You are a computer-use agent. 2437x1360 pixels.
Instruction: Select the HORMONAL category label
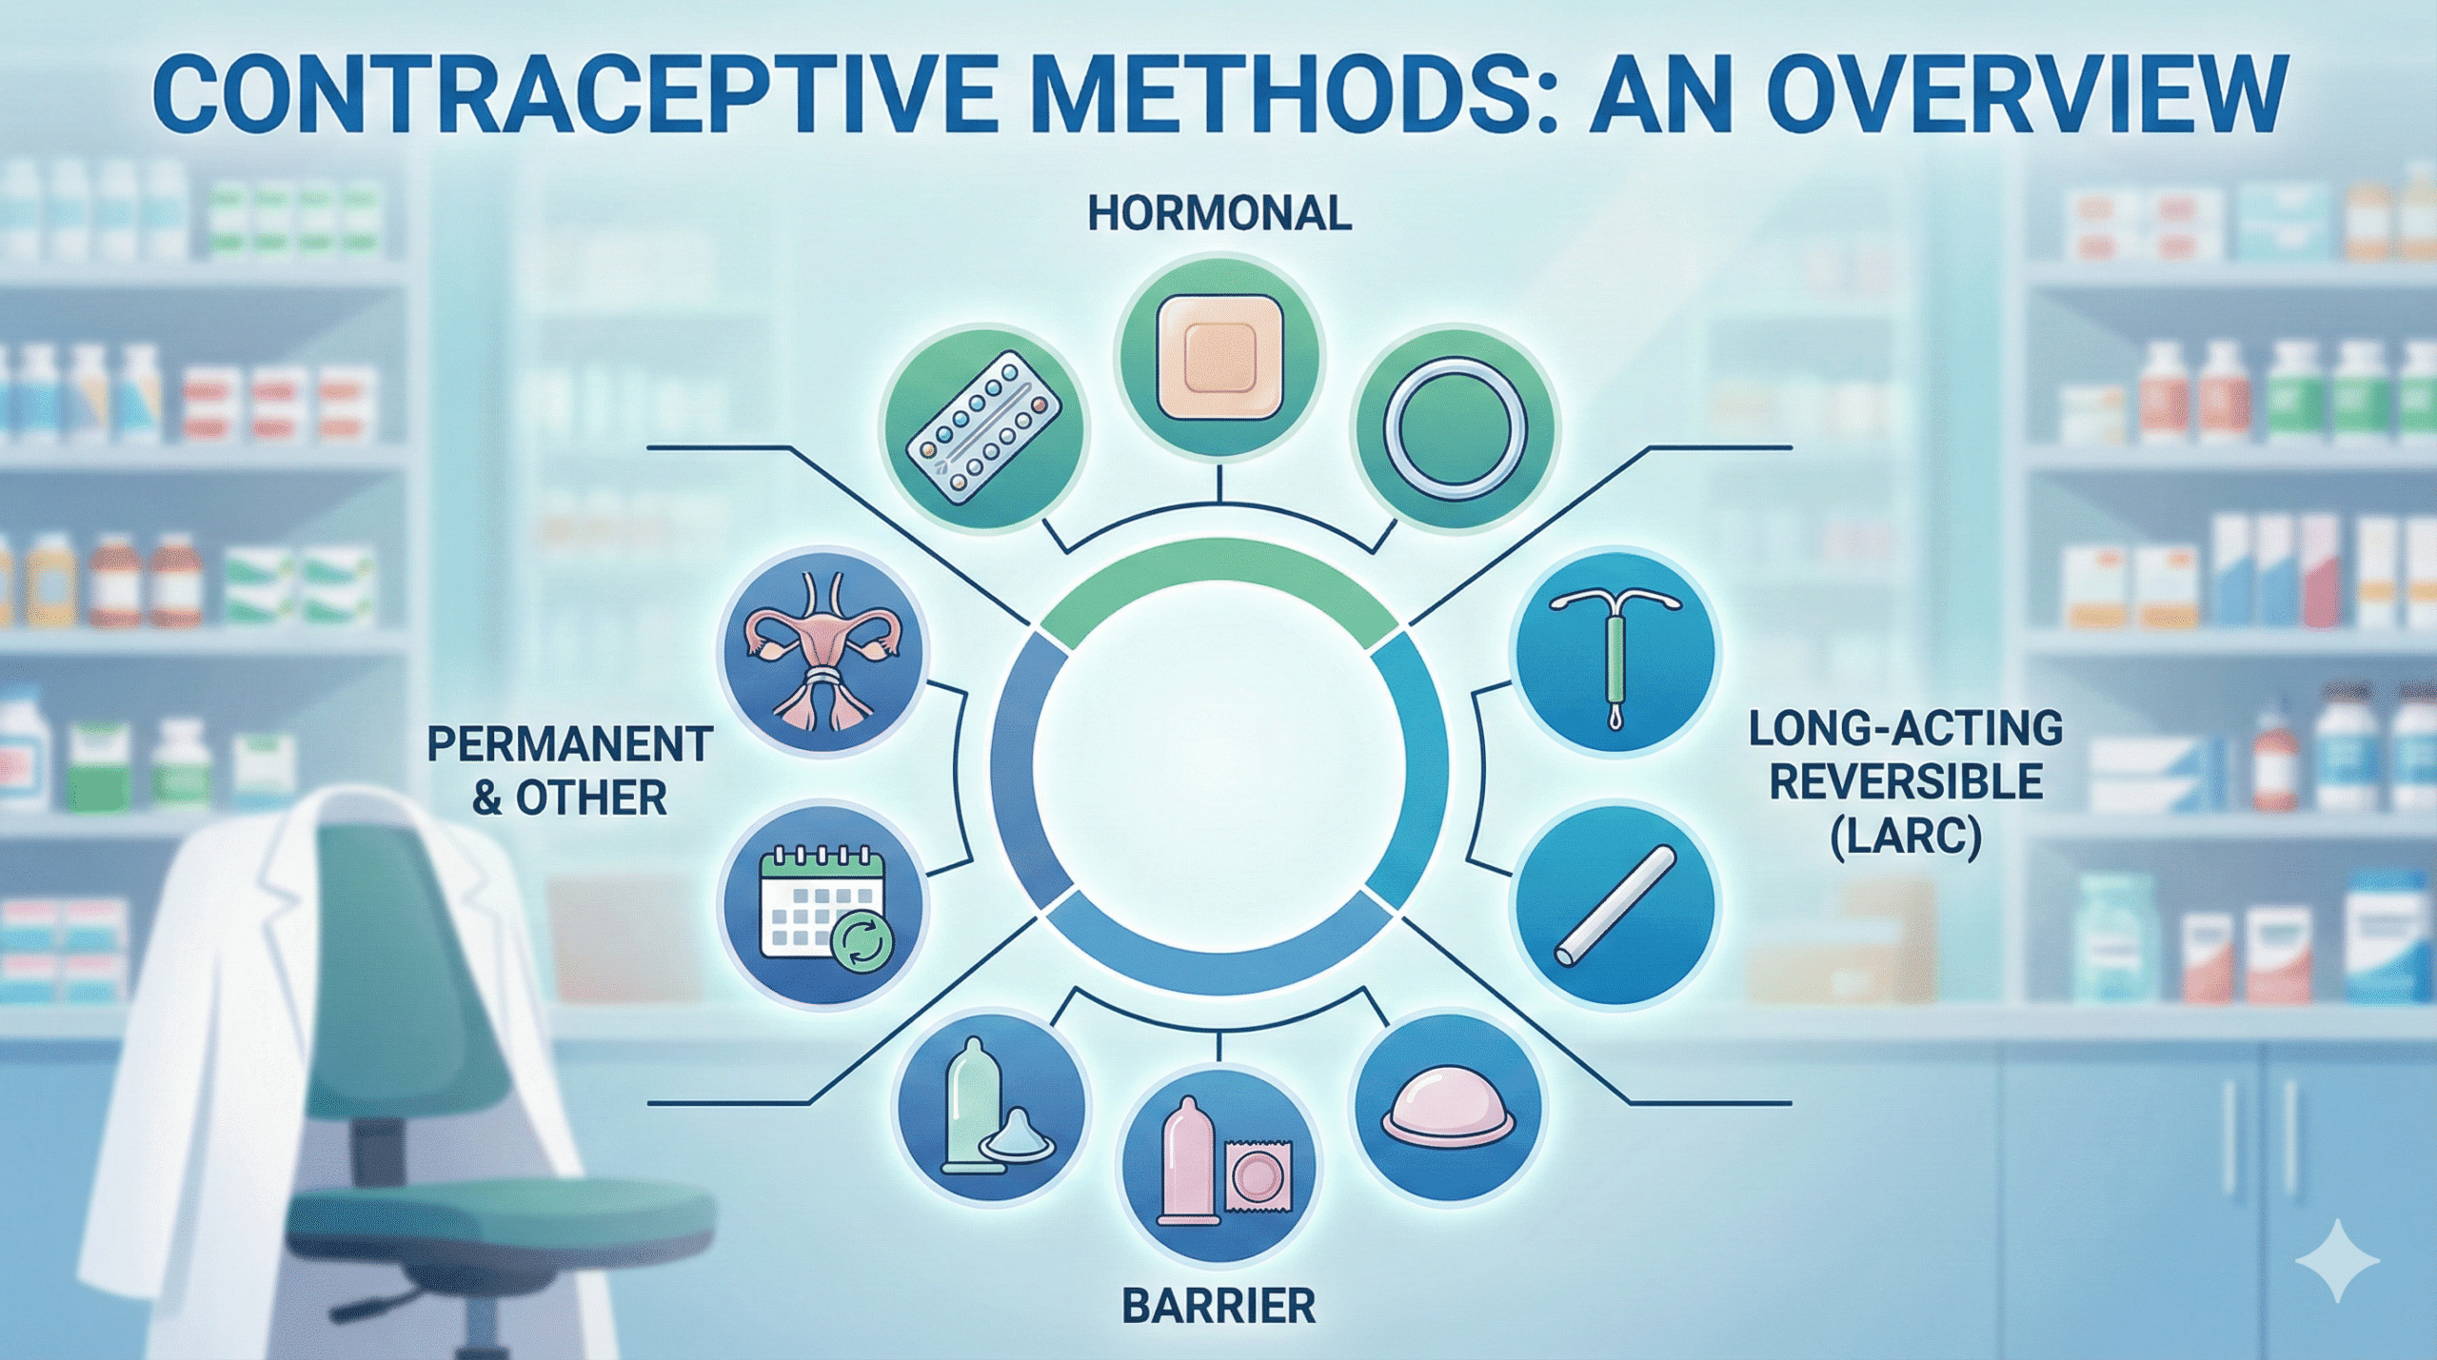[1219, 213]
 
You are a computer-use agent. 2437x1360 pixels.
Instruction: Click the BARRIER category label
[1218, 1306]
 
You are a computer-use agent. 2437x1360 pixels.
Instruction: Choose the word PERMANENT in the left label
[569, 744]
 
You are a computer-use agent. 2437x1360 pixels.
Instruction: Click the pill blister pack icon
[983, 429]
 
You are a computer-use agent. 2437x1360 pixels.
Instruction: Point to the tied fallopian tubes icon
[824, 657]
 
